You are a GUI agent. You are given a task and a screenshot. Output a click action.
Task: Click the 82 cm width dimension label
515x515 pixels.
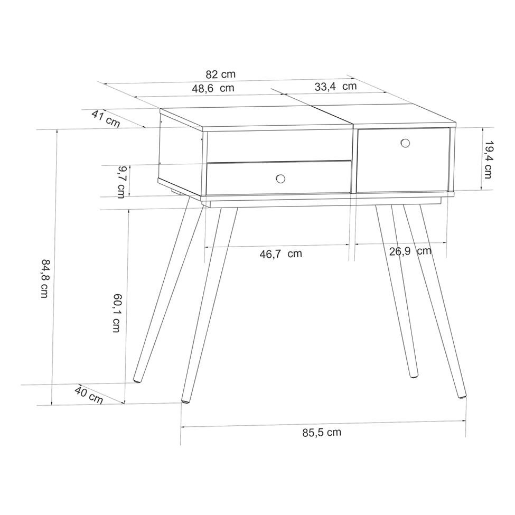(x=221, y=74)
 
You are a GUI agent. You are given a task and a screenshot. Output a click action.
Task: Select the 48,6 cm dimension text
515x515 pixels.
(x=213, y=88)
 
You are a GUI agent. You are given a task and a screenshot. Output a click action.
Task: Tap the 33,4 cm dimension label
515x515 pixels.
(x=335, y=87)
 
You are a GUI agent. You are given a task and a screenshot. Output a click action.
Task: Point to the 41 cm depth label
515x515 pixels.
(x=106, y=119)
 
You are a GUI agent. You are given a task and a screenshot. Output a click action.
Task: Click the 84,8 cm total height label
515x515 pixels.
(x=45, y=278)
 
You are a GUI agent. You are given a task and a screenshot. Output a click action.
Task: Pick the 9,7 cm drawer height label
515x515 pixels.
(x=121, y=182)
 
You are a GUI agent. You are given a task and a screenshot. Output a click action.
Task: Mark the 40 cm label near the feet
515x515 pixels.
(x=89, y=395)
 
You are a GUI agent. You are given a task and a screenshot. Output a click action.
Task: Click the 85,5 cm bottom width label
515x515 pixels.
(x=322, y=433)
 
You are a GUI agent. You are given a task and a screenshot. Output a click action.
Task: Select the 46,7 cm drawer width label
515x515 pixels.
(x=281, y=254)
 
